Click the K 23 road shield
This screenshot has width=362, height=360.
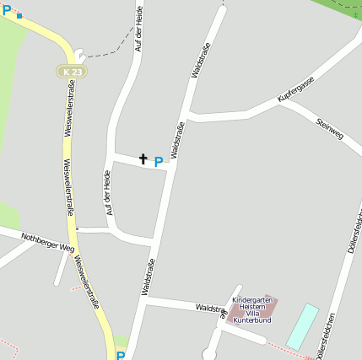click(72, 73)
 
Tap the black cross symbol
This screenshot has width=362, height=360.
click(143, 158)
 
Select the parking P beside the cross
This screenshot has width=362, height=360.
click(158, 161)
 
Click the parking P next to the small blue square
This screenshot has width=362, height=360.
click(7, 11)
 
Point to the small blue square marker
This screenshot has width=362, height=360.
click(19, 15)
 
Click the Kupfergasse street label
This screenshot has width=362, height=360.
click(295, 89)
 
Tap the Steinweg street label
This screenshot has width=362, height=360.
click(329, 129)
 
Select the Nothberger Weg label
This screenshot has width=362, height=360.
click(48, 243)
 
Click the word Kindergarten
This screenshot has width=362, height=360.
click(251, 300)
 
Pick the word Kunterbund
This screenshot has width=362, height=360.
click(251, 320)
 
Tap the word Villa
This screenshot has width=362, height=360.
click(251, 314)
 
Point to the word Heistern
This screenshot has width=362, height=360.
click(251, 307)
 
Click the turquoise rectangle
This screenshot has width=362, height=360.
click(302, 326)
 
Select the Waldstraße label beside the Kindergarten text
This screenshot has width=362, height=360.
click(210, 310)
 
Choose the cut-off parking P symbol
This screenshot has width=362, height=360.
click(121, 356)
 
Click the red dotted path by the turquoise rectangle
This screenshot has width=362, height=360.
click(287, 349)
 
